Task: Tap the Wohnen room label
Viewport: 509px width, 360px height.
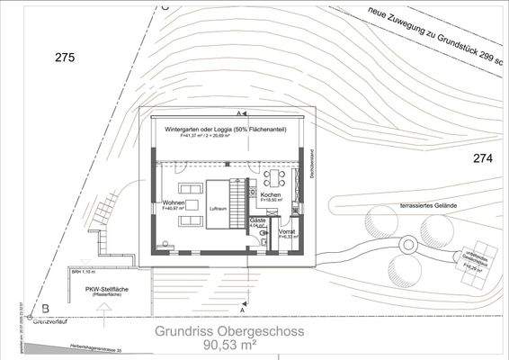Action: (174, 202)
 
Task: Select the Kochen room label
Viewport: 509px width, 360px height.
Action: (272, 195)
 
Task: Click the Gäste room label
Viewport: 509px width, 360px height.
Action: (258, 220)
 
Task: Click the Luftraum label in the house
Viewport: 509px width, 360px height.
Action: (219, 209)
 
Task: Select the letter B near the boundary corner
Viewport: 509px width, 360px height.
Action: (32, 307)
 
